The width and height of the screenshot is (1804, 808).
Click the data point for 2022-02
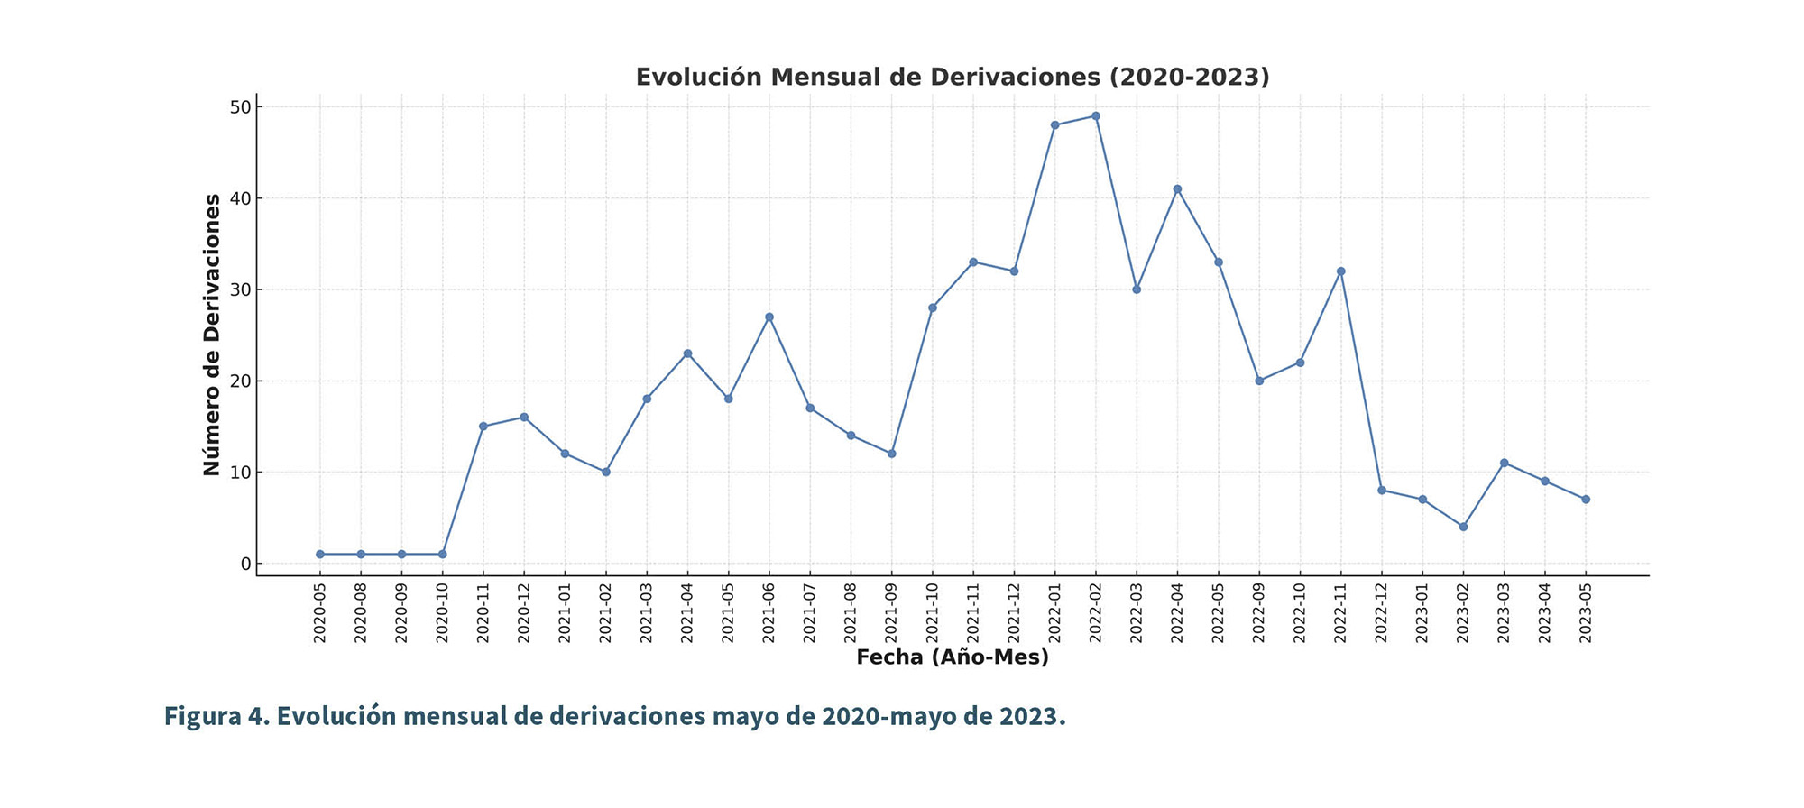(x=1096, y=116)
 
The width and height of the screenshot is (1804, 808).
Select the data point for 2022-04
(x=1177, y=189)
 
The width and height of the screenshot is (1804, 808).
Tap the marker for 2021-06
(x=769, y=317)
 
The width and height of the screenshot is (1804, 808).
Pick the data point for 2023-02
(x=1463, y=527)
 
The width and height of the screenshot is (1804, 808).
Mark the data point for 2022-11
(x=1340, y=271)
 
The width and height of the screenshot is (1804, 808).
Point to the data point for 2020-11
(x=483, y=427)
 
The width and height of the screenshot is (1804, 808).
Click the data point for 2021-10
(x=933, y=308)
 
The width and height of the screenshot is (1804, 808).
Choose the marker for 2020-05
(x=320, y=554)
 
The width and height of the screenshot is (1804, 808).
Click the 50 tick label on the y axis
(x=239, y=107)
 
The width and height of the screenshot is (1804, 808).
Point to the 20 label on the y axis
(x=239, y=381)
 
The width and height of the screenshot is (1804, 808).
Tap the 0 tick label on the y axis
(x=244, y=564)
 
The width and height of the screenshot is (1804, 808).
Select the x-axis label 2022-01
(x=1055, y=614)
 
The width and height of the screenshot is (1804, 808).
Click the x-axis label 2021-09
(x=892, y=614)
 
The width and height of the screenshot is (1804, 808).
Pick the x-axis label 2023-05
(x=1586, y=614)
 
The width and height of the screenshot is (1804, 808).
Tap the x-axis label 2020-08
(x=361, y=614)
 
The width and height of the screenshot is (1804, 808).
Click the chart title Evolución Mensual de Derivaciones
(x=953, y=78)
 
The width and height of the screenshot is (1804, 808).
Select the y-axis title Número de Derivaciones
(x=212, y=335)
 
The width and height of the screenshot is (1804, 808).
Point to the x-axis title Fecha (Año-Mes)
(x=953, y=657)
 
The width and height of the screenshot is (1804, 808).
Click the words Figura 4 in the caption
(x=215, y=716)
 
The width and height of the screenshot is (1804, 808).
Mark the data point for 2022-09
(x=1259, y=381)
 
